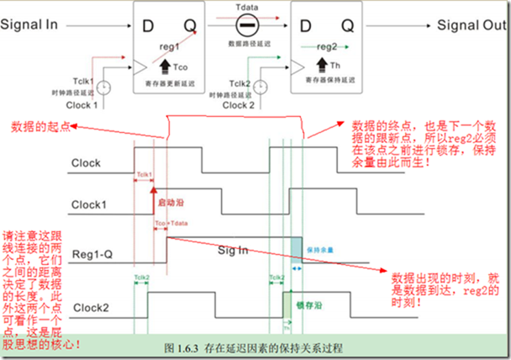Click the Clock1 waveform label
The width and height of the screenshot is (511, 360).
(x=92, y=204)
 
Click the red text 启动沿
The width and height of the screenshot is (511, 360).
(x=167, y=203)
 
